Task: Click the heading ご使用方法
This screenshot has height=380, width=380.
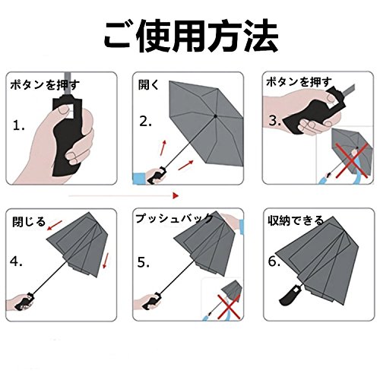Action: click(x=192, y=36)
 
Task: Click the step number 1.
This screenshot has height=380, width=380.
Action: click(x=19, y=125)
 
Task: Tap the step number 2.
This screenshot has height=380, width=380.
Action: click(x=145, y=122)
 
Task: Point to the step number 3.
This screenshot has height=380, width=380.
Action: click(x=274, y=121)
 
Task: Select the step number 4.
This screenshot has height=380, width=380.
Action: click(x=16, y=261)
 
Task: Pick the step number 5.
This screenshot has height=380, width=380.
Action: click(x=144, y=262)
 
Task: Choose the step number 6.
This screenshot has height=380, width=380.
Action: click(x=274, y=261)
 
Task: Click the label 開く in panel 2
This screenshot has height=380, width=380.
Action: click(x=147, y=84)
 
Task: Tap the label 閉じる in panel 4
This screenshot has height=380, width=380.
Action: click(x=29, y=222)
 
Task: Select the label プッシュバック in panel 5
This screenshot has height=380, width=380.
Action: click(x=174, y=219)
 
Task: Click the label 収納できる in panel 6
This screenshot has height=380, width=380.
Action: click(x=296, y=220)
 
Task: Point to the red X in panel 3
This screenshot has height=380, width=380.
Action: click(x=352, y=160)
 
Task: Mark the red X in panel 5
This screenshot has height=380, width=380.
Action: click(x=229, y=306)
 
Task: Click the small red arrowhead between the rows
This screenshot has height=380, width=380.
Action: click(x=176, y=195)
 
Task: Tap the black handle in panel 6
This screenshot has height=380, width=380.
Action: click(x=291, y=295)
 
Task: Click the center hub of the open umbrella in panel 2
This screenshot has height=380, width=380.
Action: click(x=215, y=116)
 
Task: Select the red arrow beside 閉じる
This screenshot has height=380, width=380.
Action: click(x=55, y=225)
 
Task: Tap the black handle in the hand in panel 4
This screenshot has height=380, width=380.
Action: click(x=24, y=302)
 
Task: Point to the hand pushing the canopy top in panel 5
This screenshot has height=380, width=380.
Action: click(x=233, y=221)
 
